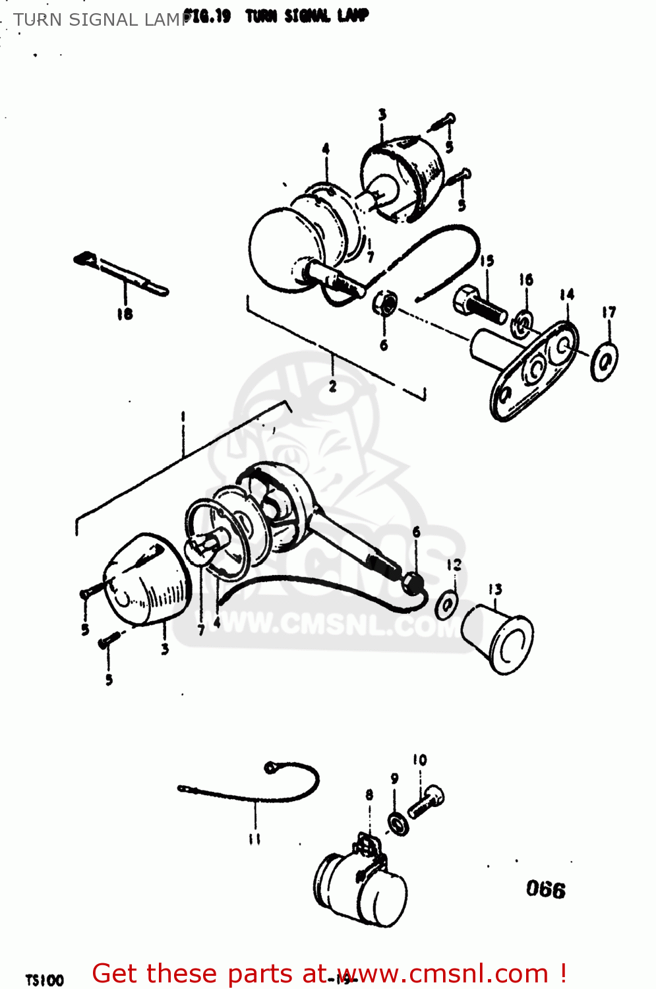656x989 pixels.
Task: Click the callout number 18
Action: tap(125, 315)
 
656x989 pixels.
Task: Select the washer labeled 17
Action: tap(603, 361)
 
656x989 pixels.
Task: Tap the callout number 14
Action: tap(567, 295)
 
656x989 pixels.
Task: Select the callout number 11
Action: tap(254, 839)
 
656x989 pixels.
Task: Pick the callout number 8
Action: tap(369, 795)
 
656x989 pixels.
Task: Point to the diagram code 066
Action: tap(545, 889)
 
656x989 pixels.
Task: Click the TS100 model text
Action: tap(44, 980)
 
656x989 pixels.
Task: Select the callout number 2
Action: tap(332, 386)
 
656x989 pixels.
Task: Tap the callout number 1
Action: tap(183, 417)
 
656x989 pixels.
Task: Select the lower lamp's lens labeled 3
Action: tap(146, 580)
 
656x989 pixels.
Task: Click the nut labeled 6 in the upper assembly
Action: tap(385, 304)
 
